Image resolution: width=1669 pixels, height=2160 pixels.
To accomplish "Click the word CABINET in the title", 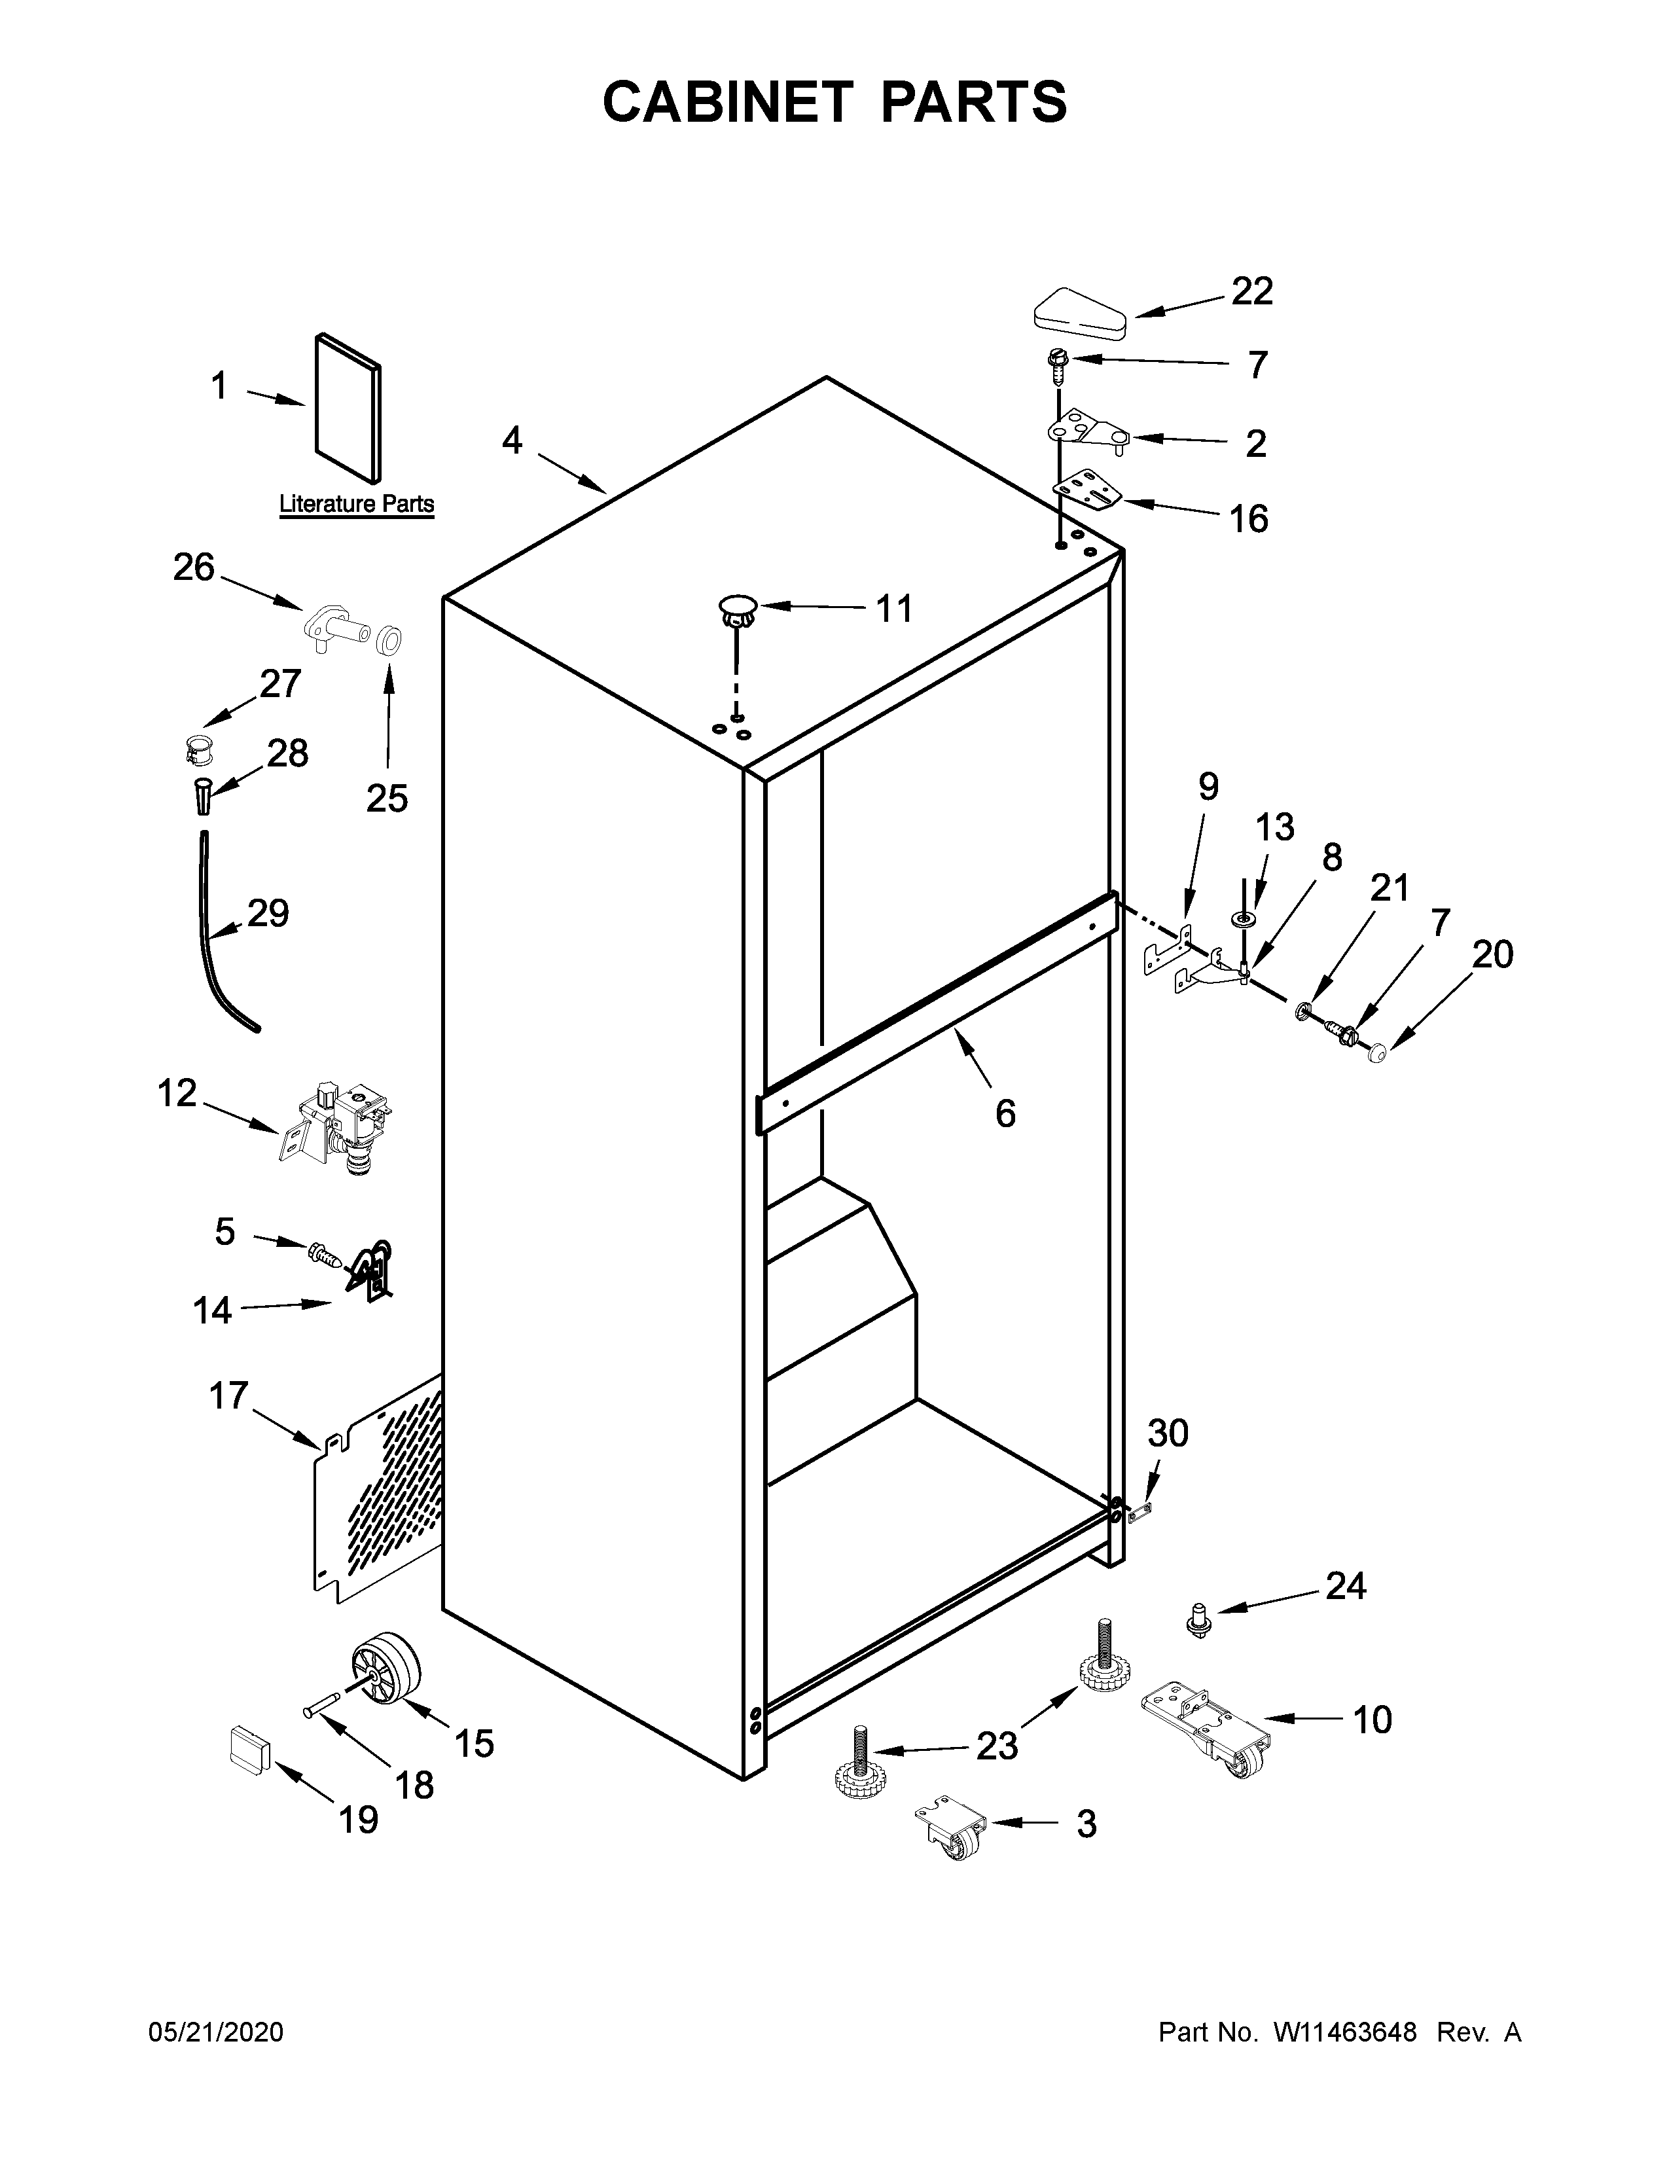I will (x=727, y=102).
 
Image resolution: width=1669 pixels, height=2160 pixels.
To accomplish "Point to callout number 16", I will (x=1247, y=518).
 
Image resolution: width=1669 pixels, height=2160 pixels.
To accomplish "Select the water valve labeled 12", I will (x=340, y=1128).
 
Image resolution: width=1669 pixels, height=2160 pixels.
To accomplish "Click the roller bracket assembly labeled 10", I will (x=1203, y=1725).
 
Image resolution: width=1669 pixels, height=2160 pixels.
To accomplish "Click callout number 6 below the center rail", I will (x=1005, y=1113).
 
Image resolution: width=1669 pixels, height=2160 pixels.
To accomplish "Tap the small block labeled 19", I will (x=250, y=1752).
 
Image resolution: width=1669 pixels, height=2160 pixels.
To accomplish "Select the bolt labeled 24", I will (x=1198, y=1620).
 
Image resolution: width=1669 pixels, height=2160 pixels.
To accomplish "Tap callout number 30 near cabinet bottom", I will (x=1167, y=1433).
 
